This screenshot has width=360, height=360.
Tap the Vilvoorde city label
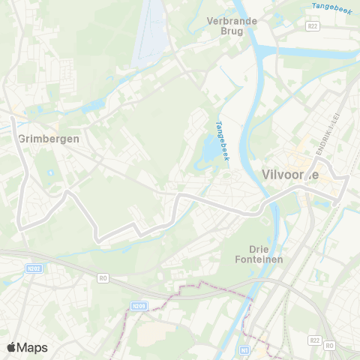tap(291, 175)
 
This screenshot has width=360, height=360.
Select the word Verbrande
tap(232, 21)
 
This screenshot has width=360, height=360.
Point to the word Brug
tap(232, 31)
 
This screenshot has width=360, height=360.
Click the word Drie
tap(259, 248)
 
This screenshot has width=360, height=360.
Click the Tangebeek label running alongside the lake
tap(221, 140)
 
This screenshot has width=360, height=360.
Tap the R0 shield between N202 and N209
tap(103, 277)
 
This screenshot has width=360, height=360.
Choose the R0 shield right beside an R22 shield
tap(331, 345)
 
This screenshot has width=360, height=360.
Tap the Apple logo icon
tap(12, 347)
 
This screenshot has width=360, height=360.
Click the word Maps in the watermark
tap(33, 347)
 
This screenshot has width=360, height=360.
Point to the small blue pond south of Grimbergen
tap(50, 173)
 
